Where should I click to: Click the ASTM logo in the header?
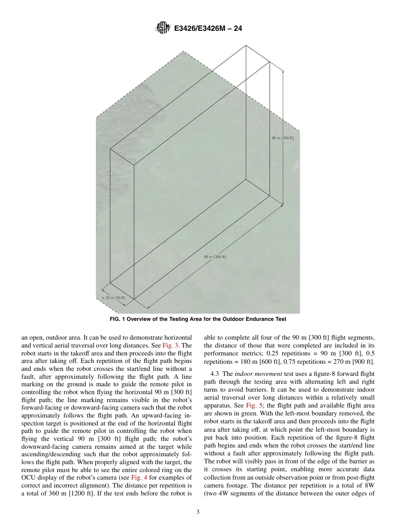[x=161, y=28]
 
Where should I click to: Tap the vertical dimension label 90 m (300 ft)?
[x=283, y=138]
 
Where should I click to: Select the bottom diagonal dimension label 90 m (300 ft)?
[x=215, y=257]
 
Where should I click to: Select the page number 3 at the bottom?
[x=198, y=512]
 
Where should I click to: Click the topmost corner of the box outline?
[x=246, y=46]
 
